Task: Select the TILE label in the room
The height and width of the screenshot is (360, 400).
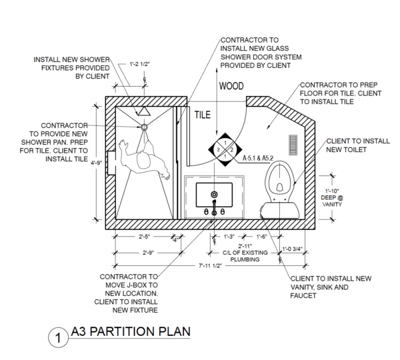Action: click(202, 115)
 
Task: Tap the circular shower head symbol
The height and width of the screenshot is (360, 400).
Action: click(143, 127)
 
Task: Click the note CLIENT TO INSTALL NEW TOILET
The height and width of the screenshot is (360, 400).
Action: click(349, 145)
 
